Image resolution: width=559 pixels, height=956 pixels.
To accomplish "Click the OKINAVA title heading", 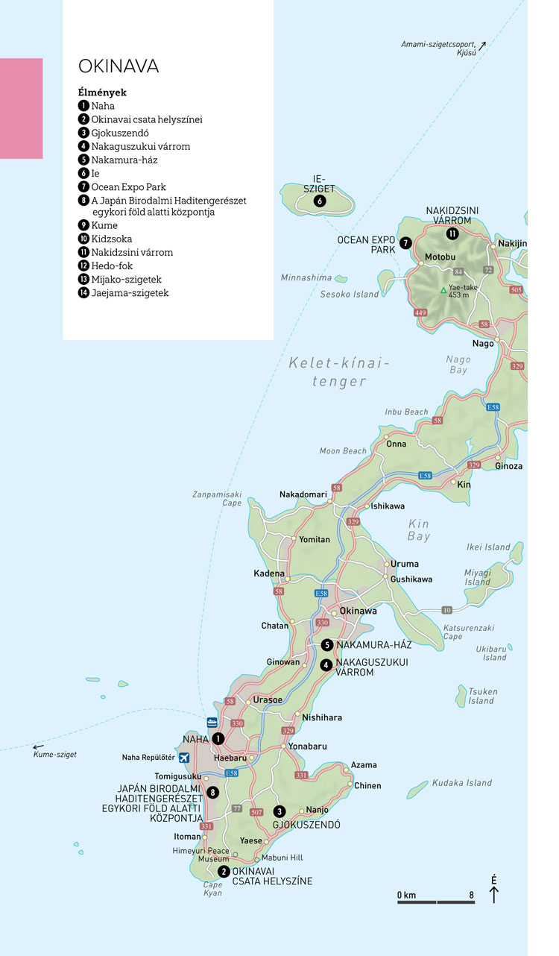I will click(119, 66).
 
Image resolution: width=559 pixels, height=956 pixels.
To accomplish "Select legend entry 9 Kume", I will click(98, 225).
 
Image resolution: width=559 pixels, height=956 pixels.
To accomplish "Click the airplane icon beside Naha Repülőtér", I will click(184, 758).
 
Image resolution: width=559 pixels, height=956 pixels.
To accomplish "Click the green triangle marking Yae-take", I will click(443, 290).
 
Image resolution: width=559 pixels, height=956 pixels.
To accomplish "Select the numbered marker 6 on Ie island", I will click(319, 201).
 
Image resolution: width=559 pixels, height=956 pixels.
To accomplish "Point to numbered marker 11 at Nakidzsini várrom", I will click(452, 233).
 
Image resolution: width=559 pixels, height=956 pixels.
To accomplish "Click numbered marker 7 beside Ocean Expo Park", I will click(405, 243).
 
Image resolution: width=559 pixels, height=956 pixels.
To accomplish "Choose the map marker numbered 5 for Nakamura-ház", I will click(326, 645).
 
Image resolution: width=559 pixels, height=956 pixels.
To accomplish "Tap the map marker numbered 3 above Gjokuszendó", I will click(279, 811).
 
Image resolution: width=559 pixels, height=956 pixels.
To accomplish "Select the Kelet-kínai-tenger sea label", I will click(339, 372).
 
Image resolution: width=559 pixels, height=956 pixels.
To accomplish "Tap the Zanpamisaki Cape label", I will click(217, 498).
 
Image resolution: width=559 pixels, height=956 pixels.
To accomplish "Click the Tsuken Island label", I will click(481, 696).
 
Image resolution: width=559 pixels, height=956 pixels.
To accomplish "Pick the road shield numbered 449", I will click(420, 312).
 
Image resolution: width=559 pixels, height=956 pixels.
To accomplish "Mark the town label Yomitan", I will click(314, 539).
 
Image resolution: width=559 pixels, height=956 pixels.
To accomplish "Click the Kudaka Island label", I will click(462, 782).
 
